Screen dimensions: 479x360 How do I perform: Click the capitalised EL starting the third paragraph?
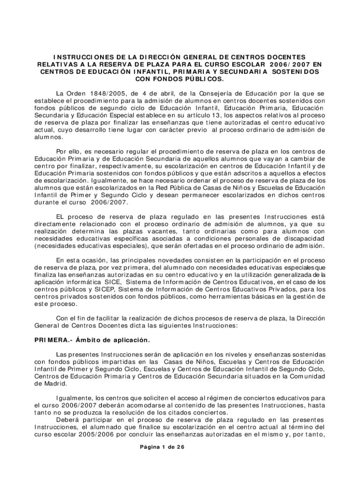point(60,217)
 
